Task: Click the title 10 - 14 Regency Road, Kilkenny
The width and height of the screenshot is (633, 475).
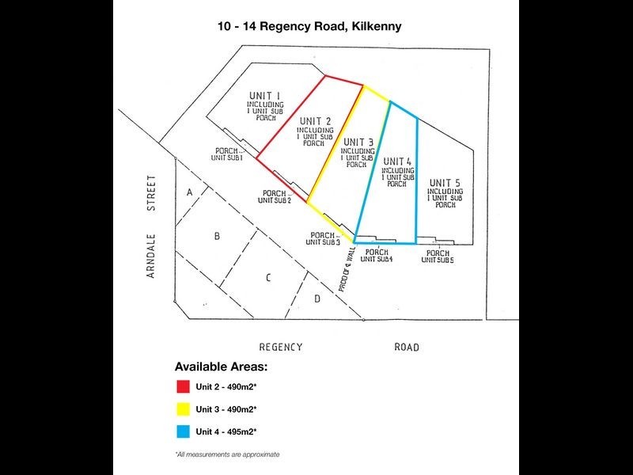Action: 309,26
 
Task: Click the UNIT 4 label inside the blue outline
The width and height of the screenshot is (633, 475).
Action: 397,161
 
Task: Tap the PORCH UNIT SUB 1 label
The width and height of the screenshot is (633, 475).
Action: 226,154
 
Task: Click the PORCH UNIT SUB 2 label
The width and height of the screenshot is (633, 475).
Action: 275,197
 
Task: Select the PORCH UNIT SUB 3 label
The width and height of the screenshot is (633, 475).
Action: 324,238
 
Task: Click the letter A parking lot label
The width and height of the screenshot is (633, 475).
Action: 189,192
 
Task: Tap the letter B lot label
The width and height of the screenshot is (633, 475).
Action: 217,236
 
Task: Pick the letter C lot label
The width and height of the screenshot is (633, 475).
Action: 268,277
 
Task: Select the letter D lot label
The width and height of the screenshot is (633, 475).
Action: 316,298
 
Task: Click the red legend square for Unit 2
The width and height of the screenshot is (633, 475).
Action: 182,387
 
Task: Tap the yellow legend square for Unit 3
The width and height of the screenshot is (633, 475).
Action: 182,409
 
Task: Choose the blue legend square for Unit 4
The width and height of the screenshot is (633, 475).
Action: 182,431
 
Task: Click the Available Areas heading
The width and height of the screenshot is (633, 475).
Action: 221,367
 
